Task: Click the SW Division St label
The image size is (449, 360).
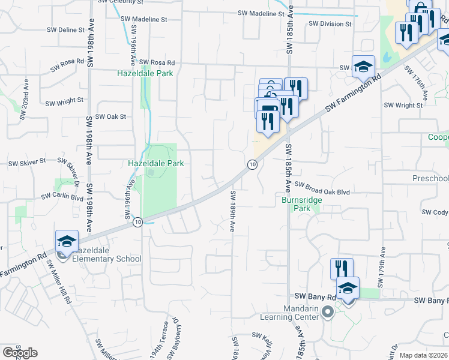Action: tap(330, 24)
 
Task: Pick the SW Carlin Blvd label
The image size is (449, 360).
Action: tap(62, 196)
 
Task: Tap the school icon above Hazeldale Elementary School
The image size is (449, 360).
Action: tap(67, 241)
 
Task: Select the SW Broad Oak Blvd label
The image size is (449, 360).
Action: tap(322, 191)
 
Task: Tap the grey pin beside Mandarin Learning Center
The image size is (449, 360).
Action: tap(327, 312)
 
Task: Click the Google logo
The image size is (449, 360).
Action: tap(20, 352)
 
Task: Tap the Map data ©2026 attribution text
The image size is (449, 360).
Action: tap(423, 355)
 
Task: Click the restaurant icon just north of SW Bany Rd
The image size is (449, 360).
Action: tap(341, 269)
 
